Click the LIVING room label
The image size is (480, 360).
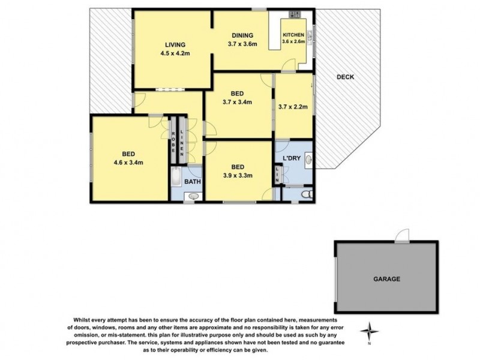tap(175, 44)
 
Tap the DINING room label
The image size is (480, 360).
tap(242, 35)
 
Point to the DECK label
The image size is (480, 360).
tap(345, 77)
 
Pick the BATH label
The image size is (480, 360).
tap(193, 182)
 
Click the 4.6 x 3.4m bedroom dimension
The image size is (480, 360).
tap(127, 162)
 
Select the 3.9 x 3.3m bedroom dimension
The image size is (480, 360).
tap(237, 176)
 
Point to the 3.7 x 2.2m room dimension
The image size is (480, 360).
tap(293, 108)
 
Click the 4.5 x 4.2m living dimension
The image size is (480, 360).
tap(175, 53)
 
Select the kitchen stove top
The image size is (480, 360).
tap(294, 14)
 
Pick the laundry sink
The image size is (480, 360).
tap(308, 159)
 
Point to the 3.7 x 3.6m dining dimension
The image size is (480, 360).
tap(242, 43)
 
